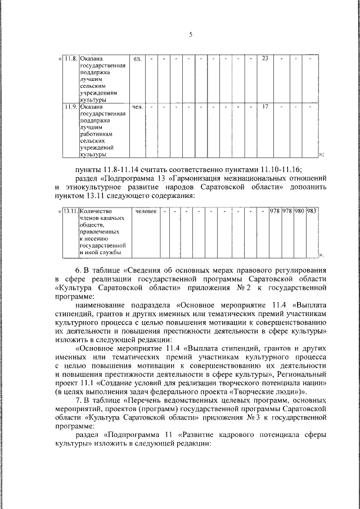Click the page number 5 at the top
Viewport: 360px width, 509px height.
tap(190, 35)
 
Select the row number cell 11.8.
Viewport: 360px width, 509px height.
tap(71, 58)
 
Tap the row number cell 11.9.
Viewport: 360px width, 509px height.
tap(71, 106)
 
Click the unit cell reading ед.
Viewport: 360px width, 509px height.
tap(137, 58)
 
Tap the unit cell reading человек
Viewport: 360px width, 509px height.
tap(145, 211)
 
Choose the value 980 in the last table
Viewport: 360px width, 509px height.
tap(299, 211)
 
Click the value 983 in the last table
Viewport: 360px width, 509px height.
tap(312, 211)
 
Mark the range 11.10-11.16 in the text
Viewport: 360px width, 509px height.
tap(280, 169)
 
